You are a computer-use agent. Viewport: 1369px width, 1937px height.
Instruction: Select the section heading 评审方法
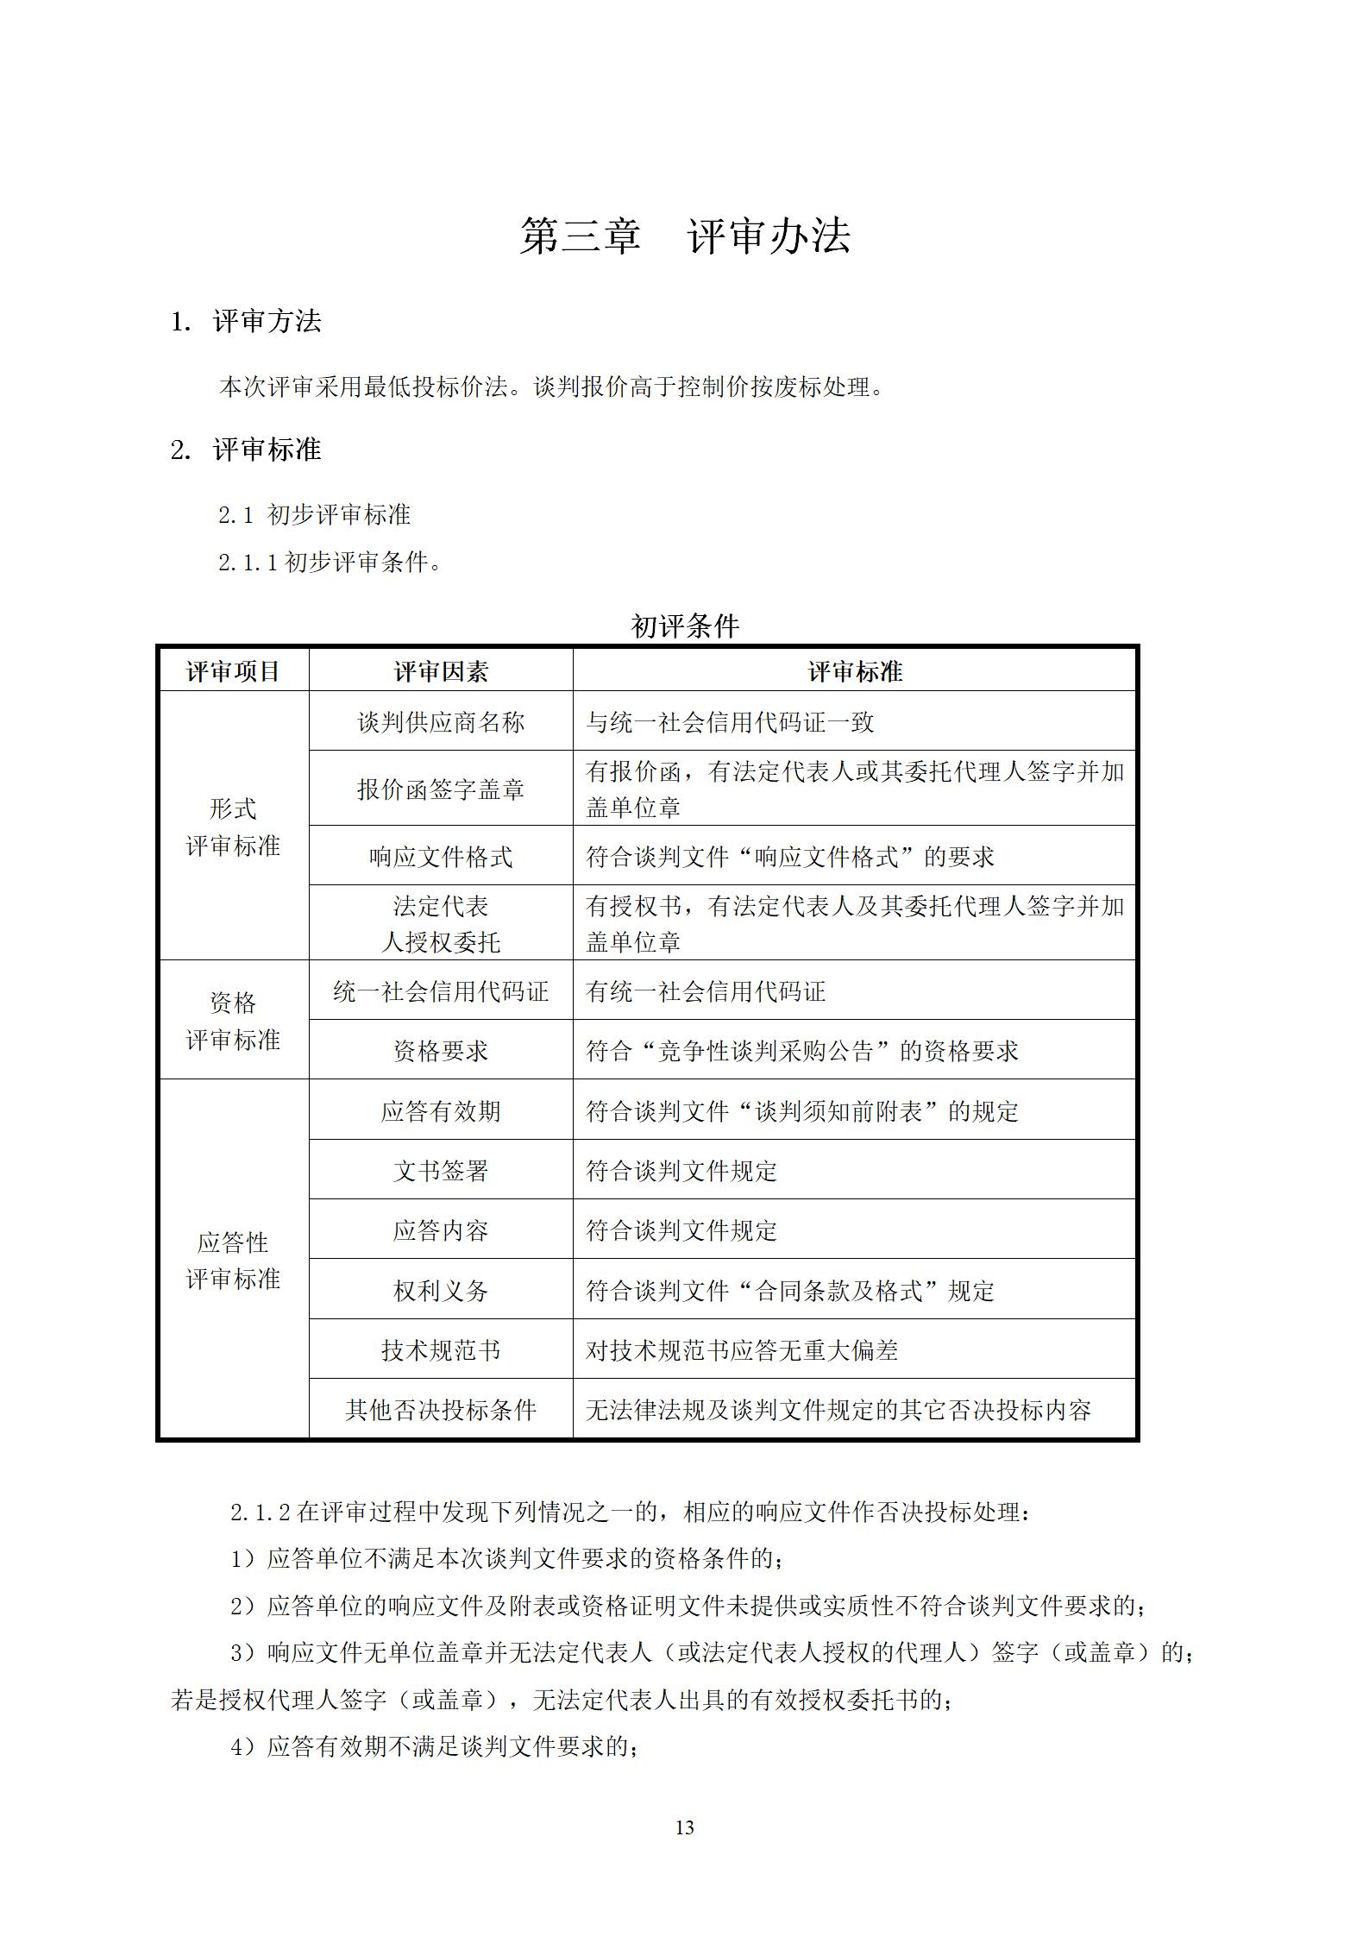267,322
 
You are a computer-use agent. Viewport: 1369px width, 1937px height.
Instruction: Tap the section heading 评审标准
267,450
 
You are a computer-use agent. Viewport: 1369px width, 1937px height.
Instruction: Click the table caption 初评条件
685,626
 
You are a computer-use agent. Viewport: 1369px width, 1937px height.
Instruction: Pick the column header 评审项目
234,671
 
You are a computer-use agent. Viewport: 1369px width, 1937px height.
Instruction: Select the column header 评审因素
441,671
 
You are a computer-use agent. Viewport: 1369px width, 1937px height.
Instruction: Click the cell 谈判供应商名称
441,721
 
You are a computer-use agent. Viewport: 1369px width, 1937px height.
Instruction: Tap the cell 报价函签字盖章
441,789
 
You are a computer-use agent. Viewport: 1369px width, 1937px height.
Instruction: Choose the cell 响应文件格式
441,856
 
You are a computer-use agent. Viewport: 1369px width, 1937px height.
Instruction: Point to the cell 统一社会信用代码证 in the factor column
441,991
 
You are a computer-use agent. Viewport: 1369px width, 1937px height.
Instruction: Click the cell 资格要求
441,1050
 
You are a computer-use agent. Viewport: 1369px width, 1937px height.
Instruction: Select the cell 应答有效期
441,1110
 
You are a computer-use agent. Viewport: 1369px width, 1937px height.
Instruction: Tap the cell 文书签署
441,1170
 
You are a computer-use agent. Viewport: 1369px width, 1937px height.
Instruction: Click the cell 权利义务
441,1290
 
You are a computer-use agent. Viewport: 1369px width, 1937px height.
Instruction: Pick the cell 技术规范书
441,1349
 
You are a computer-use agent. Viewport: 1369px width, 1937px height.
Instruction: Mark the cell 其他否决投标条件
441,1410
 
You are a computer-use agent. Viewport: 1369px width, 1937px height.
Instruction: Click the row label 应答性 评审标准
234,1261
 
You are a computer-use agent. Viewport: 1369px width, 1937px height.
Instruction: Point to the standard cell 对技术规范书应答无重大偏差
742,1349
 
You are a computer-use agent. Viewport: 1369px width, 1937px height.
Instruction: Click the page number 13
685,1827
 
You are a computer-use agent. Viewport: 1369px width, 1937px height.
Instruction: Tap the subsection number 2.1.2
261,1512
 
